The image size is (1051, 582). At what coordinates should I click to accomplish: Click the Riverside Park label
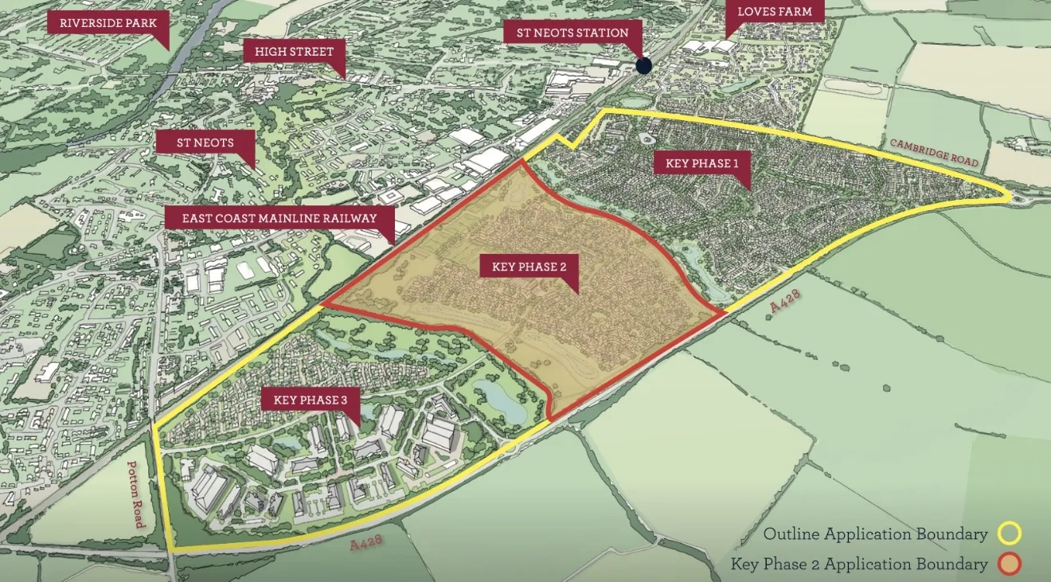point(107,22)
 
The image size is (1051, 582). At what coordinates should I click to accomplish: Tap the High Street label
point(294,52)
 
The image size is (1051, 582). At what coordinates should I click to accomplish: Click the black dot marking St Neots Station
point(643,65)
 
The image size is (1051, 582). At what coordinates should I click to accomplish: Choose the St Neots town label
point(205,143)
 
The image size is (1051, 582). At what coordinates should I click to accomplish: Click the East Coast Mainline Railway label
point(279,218)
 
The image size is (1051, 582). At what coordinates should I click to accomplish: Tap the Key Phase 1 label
point(697,163)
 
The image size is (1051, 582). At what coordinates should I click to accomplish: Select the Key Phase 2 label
point(529,267)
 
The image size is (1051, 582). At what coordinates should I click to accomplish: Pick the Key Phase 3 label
point(310,400)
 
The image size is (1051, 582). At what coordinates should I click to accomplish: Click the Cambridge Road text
point(933,152)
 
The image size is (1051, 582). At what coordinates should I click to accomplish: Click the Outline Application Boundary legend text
point(875,533)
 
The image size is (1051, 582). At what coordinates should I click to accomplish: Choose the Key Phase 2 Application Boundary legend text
point(859,564)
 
